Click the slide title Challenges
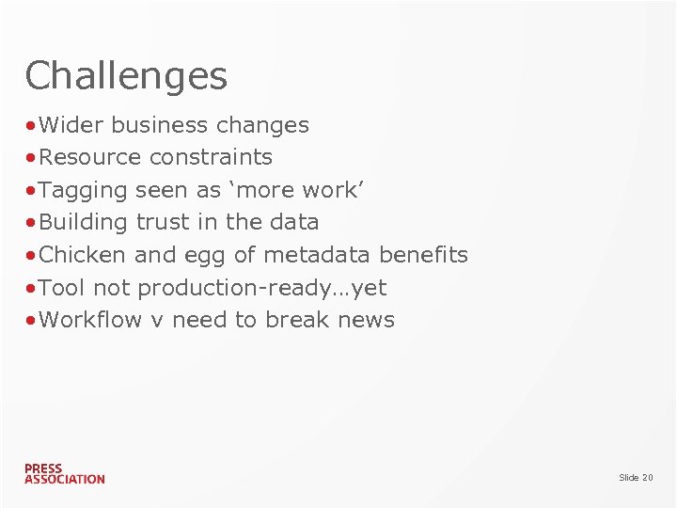pos(126,76)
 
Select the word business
pos(160,125)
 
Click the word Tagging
pos(84,190)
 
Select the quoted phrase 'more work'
pos(295,190)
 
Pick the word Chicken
pos(84,255)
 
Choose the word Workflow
pos(90,320)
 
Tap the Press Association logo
pos(64,473)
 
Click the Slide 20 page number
pos(635,478)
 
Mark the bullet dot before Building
pos(32,223)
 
